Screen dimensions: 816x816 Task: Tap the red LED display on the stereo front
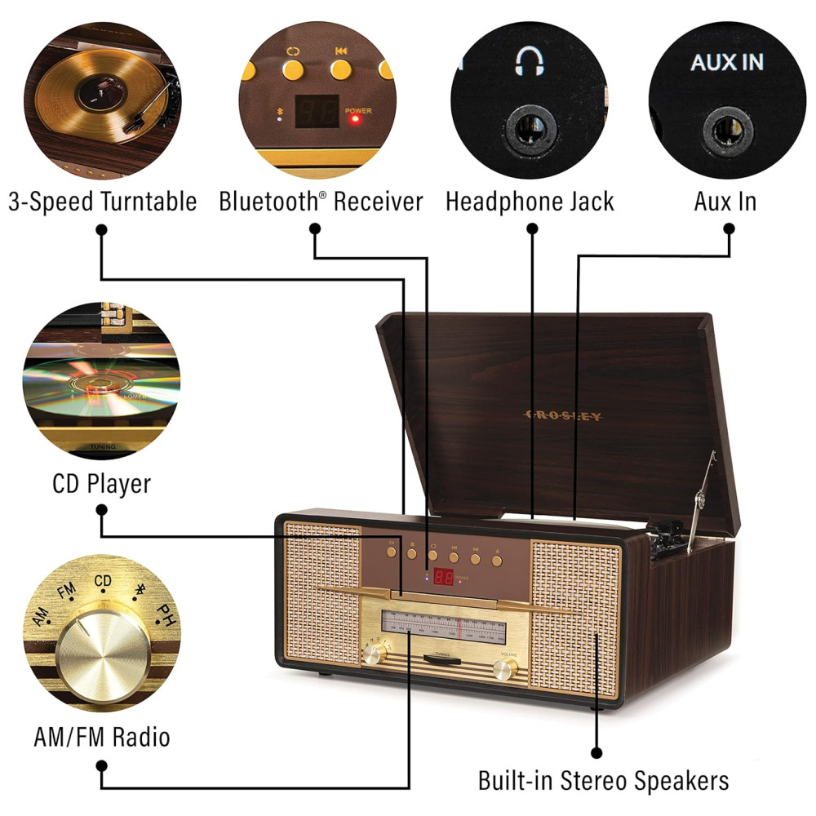(x=444, y=577)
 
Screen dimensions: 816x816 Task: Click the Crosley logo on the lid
(x=562, y=416)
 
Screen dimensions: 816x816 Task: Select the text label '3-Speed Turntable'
(x=103, y=202)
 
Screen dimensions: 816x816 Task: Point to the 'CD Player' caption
(x=102, y=484)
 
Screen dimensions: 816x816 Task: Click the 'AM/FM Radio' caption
(x=102, y=738)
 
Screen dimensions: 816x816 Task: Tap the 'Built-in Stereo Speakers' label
(x=603, y=780)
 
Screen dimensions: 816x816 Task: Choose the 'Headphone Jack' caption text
(x=530, y=202)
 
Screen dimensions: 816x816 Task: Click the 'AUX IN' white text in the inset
(x=727, y=63)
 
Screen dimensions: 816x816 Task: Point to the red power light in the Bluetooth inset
(x=355, y=119)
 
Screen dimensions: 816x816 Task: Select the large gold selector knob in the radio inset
(x=104, y=653)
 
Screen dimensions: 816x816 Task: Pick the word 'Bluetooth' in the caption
(x=269, y=202)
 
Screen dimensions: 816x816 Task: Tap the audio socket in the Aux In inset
(x=728, y=129)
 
